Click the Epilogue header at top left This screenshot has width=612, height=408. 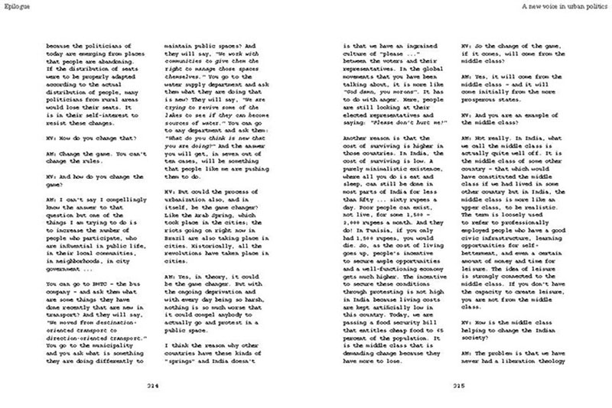16,8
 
